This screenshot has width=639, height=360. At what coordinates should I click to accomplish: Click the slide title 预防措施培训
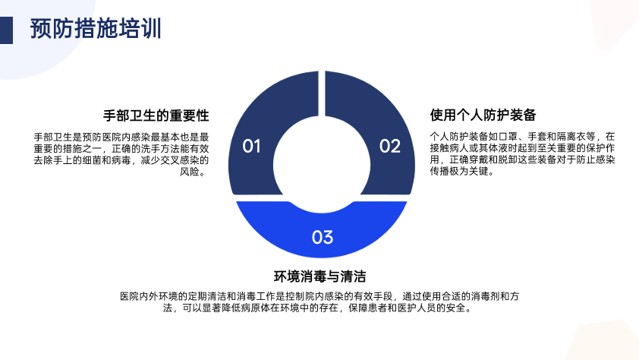tap(96, 29)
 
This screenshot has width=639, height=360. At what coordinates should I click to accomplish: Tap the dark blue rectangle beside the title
tap(6, 30)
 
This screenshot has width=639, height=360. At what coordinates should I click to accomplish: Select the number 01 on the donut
tap(251, 146)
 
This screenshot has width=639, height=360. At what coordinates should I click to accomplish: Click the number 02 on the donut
tap(390, 146)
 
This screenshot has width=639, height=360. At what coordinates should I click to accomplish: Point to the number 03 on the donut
tap(323, 237)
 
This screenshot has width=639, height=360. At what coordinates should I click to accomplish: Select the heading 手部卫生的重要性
tap(156, 115)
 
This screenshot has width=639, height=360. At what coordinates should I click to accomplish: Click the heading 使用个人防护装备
tap(483, 115)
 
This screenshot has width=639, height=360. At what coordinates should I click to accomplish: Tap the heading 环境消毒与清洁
tap(320, 276)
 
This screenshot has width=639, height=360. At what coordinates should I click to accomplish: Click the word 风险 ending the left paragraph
tap(190, 172)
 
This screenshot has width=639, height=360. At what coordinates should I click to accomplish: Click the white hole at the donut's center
tap(322, 164)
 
